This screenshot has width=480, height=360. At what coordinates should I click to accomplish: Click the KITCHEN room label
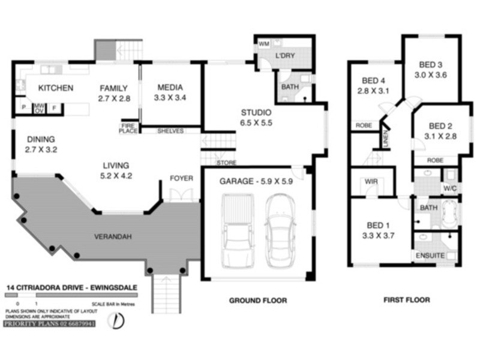pyautogui.click(x=56, y=88)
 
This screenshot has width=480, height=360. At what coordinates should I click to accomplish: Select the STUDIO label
pyautogui.click(x=256, y=112)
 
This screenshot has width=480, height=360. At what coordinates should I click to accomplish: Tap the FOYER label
pyautogui.click(x=181, y=178)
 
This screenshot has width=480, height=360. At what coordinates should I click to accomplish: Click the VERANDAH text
pyautogui.click(x=113, y=236)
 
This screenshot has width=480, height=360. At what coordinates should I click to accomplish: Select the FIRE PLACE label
pyautogui.click(x=128, y=128)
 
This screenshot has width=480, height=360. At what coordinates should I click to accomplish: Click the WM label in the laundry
pyautogui.click(x=263, y=44)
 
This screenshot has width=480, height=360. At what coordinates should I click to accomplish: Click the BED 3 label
pyautogui.click(x=431, y=65)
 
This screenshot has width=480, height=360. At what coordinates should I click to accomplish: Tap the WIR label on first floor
pyautogui.click(x=370, y=182)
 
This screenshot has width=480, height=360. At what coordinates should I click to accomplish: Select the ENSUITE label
pyautogui.click(x=430, y=256)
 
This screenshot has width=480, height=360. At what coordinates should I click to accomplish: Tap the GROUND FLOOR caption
pyautogui.click(x=259, y=300)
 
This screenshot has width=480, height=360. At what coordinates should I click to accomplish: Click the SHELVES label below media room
pyautogui.click(x=170, y=131)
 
